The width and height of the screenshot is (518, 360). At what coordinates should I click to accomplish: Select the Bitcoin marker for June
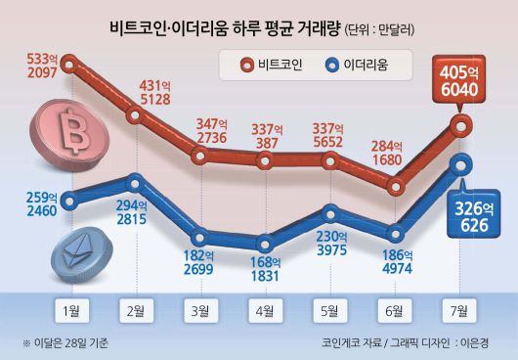(x=395, y=184)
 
